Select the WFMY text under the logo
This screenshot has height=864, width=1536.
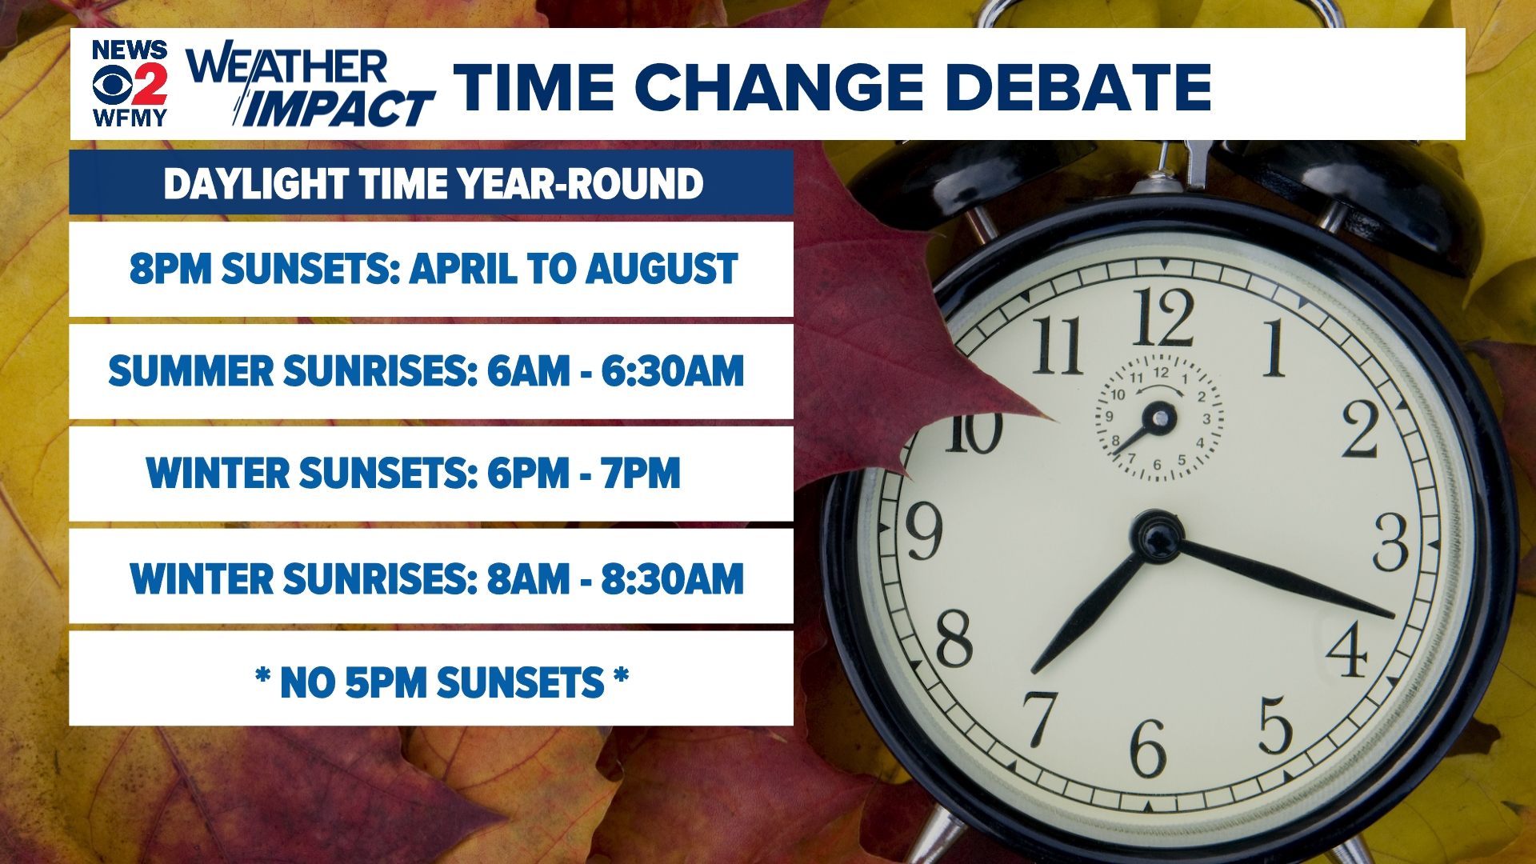pos(130,118)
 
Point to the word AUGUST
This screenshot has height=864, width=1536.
pos(661,269)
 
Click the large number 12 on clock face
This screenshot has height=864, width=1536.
pos(1162,318)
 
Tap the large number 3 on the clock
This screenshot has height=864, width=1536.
pos(1390,543)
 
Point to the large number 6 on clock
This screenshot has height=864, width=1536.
pos(1147,748)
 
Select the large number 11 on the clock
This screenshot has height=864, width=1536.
pos(1058,346)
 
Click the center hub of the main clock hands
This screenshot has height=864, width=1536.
pos(1157,537)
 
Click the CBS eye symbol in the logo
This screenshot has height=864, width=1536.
pos(110,85)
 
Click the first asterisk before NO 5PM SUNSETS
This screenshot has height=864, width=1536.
pos(262,678)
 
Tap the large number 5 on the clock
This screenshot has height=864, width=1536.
pos(1275,725)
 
